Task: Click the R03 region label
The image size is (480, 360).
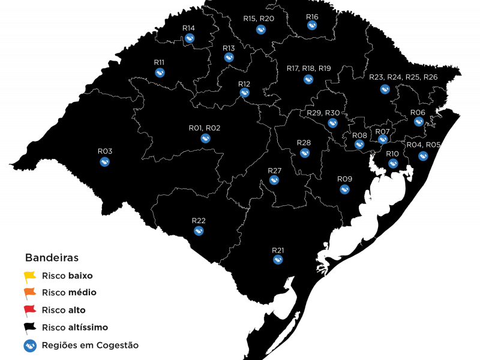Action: pos(105,151)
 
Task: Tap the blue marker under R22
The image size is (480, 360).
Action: pos(199,231)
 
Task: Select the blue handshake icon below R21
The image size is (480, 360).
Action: pos(278,260)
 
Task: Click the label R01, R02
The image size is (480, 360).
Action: pos(205,128)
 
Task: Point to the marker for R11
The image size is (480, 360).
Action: pos(160,73)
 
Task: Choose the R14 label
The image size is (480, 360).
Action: pos(188,28)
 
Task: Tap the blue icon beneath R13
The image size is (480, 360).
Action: pos(229,58)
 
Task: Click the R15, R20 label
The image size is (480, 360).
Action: pos(259,19)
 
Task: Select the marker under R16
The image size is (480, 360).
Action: pos(312,26)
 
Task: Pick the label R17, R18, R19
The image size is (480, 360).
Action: pos(308,68)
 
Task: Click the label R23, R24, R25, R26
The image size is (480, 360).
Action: pos(403,77)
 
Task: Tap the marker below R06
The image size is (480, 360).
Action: pos(419,122)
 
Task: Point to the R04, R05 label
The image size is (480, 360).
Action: pos(424,145)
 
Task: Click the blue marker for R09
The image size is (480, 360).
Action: pos(345,190)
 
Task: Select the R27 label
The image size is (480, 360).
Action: pos(274,171)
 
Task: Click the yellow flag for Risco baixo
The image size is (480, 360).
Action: pos(29,277)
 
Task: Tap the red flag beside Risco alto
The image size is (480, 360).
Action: pos(29,310)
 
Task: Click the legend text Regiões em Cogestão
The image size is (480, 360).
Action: pos(90,346)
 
